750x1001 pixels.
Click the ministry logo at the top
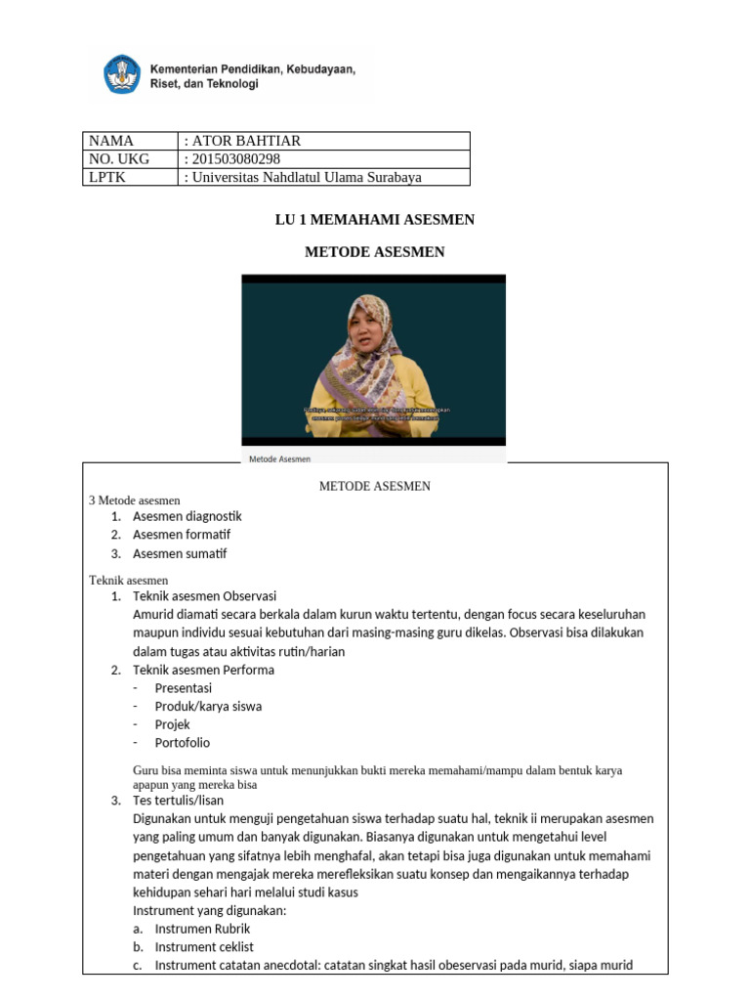(x=122, y=75)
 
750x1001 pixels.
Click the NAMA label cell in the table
(x=110, y=141)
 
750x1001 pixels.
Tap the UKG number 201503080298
(x=238, y=158)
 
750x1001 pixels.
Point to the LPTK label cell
(x=107, y=177)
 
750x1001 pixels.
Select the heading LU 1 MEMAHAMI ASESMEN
(x=374, y=220)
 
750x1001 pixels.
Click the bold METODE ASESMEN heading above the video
(x=374, y=252)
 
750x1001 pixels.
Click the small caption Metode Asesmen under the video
(x=280, y=457)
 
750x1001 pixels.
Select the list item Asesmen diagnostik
(x=187, y=516)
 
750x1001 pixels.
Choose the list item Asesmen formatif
(x=182, y=535)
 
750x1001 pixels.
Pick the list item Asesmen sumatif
(x=180, y=553)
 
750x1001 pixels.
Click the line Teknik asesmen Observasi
(x=204, y=595)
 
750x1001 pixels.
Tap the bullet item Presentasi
(x=183, y=688)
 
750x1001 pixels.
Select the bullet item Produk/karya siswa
(x=208, y=707)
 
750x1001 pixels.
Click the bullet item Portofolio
(x=182, y=743)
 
